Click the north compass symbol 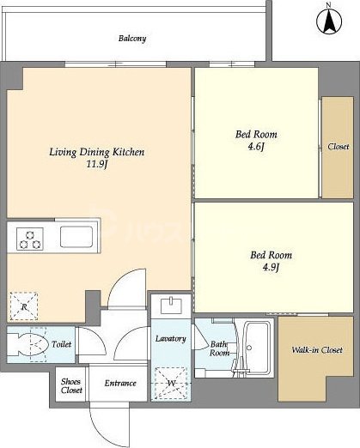click(329, 21)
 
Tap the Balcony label click(132, 39)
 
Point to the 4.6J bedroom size click(256, 147)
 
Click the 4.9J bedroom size click(271, 267)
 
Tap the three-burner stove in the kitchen click(30, 239)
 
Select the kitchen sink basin click(76, 237)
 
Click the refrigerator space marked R click(24, 306)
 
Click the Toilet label click(61, 344)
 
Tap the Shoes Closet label click(71, 386)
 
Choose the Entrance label click(120, 383)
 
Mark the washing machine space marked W click(171, 383)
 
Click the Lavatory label click(171, 339)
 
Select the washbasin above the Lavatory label click(171, 306)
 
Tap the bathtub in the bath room click(257, 348)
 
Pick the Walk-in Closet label click(317, 350)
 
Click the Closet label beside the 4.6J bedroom click(339, 147)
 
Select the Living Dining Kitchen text click(97, 152)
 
